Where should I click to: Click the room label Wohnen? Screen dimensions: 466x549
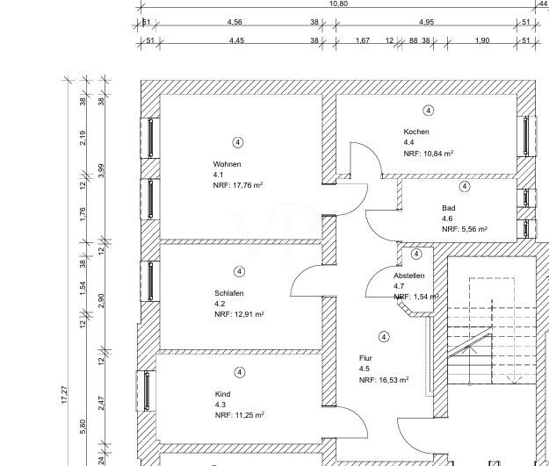(x=227, y=164)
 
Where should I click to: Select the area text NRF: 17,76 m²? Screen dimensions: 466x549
(x=238, y=185)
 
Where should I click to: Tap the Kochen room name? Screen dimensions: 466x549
(x=416, y=132)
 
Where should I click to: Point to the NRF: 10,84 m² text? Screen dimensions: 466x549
(x=429, y=153)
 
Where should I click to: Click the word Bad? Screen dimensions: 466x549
(x=449, y=208)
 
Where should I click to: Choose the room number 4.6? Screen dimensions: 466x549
(x=447, y=219)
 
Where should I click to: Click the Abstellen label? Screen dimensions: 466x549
(x=409, y=276)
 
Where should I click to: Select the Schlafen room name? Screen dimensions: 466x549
(x=229, y=293)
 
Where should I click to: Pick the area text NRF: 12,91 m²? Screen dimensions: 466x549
(x=239, y=314)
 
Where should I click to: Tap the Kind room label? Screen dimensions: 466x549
(x=222, y=394)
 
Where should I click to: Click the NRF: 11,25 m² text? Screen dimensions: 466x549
(x=239, y=415)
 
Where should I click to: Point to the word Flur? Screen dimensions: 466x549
(x=365, y=359)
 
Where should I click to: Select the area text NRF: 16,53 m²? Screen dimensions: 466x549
(x=384, y=380)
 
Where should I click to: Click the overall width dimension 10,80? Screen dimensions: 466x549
(x=337, y=4)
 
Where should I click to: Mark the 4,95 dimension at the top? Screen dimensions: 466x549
(x=427, y=21)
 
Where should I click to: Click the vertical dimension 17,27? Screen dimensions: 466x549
(x=64, y=394)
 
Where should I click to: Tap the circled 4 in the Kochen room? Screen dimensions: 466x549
(x=428, y=111)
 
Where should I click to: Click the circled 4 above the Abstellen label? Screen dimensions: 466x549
(x=416, y=255)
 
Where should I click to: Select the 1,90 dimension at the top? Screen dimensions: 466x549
(x=481, y=40)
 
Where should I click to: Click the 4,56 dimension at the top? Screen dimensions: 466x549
(x=235, y=21)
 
